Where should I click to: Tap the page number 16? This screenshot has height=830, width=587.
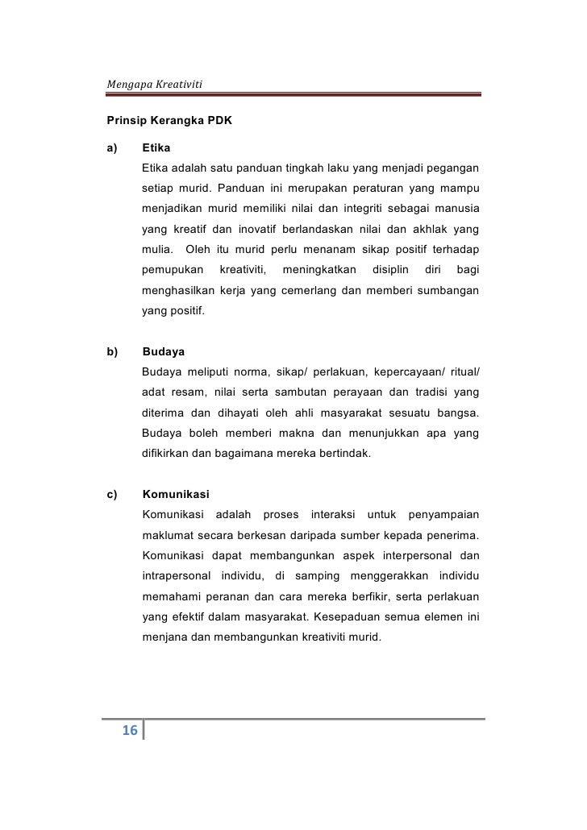pyautogui.click(x=129, y=731)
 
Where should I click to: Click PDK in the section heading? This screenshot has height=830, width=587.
pyautogui.click(x=219, y=122)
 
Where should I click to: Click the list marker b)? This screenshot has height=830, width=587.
pyautogui.click(x=112, y=351)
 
